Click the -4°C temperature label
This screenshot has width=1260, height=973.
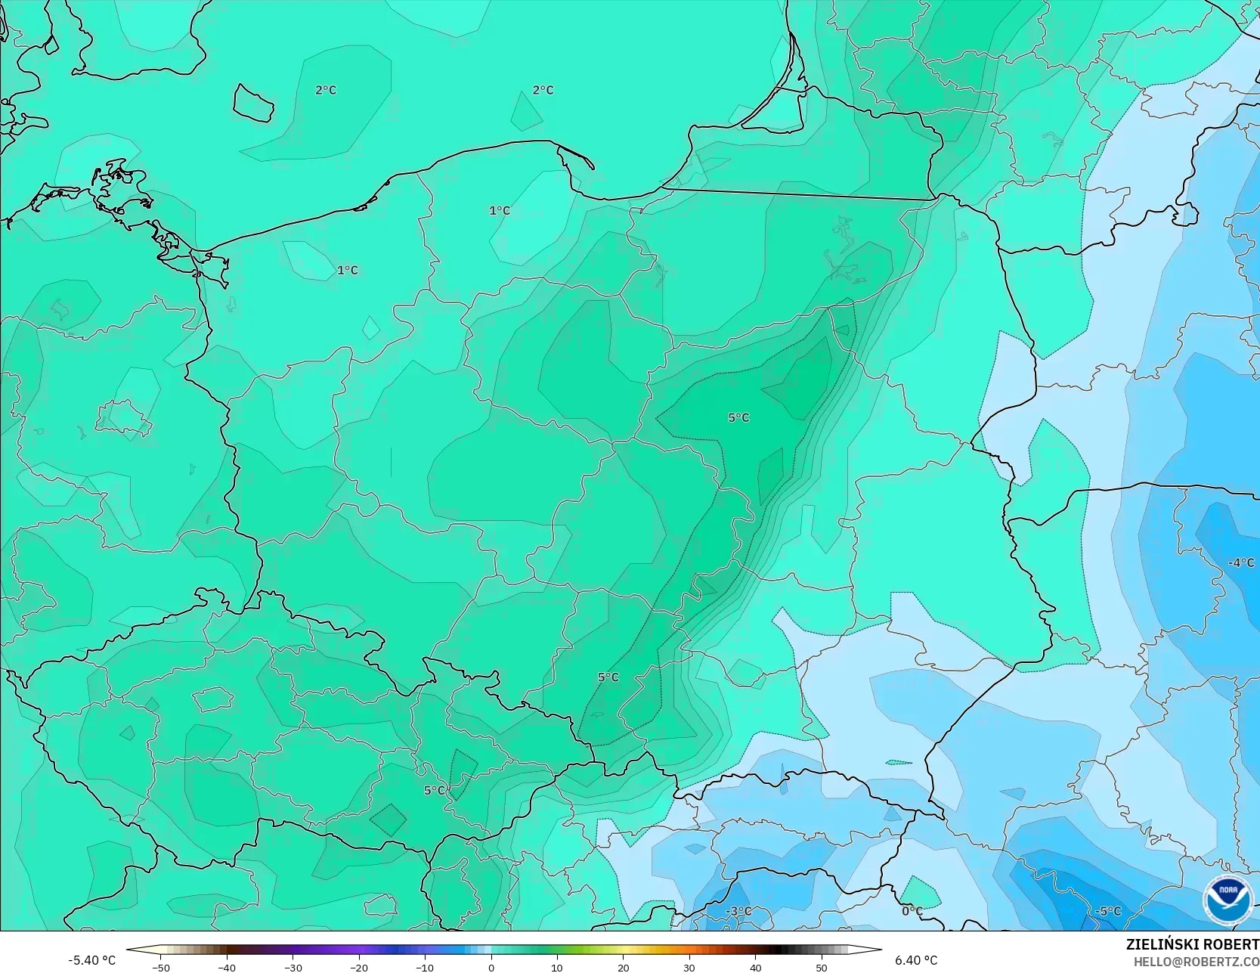pos(1240,562)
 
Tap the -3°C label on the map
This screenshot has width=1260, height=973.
pos(738,911)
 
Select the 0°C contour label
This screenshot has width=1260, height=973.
pos(912,911)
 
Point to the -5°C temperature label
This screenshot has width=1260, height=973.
pos(1107,911)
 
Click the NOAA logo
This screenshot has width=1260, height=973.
pos(1227,900)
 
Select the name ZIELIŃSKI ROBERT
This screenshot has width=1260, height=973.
pos(1192,944)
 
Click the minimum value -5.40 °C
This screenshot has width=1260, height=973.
pos(92,960)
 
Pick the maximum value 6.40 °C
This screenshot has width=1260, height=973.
pos(916,960)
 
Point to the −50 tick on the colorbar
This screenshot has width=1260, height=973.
pos(160,967)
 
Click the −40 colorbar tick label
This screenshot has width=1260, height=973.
pos(227,967)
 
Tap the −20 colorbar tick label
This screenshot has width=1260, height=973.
pos(359,967)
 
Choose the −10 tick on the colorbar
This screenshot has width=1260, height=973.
pos(425,967)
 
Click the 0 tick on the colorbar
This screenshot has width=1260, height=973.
pos(491,967)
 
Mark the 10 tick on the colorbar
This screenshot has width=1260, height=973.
pos(557,967)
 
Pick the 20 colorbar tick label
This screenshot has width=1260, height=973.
pos(624,967)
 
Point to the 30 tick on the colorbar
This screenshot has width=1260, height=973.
pos(689,967)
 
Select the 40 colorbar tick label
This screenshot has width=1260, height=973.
pos(756,967)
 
